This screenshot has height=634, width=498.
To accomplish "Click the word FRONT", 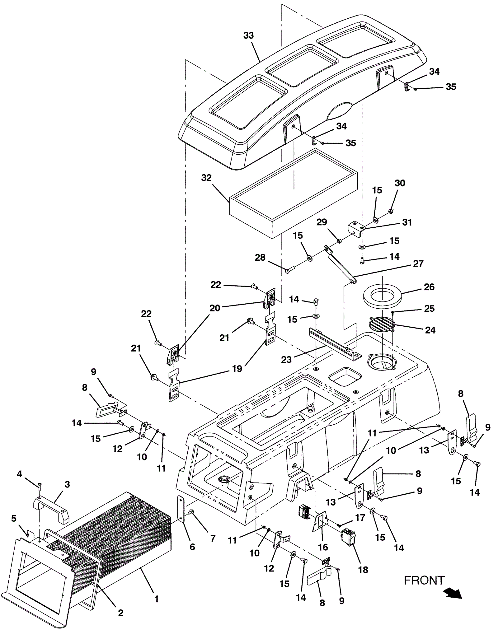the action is tap(424, 580).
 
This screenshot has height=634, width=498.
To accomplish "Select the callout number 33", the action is tap(248, 35).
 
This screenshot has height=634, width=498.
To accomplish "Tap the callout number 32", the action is tap(206, 178).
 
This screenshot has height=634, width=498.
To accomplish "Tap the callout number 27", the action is tap(418, 263).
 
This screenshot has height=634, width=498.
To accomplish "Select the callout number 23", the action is tap(286, 360).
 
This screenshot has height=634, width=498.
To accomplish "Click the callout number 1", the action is tap(157, 599).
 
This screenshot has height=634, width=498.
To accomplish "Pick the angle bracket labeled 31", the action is tap(357, 229).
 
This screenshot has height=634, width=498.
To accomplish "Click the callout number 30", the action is tap(400, 183).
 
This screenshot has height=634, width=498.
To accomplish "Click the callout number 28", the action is tap(260, 257).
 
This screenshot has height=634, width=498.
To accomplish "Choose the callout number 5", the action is tap(14, 518).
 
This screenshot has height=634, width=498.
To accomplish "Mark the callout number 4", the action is tap(19, 474).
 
